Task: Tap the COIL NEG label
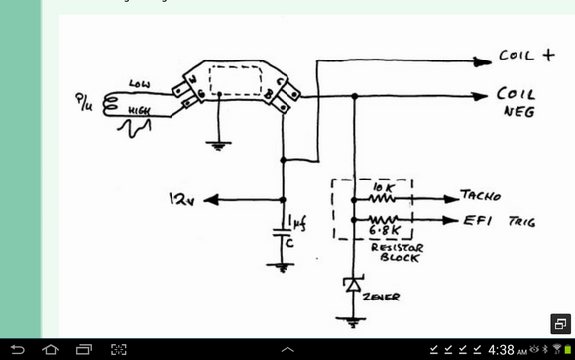pos(517,103)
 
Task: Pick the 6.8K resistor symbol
pos(382,221)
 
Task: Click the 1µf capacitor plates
pos(283,234)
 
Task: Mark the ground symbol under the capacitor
pos(283,265)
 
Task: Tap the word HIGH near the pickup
pos(139,114)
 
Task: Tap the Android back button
pos(18,350)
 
